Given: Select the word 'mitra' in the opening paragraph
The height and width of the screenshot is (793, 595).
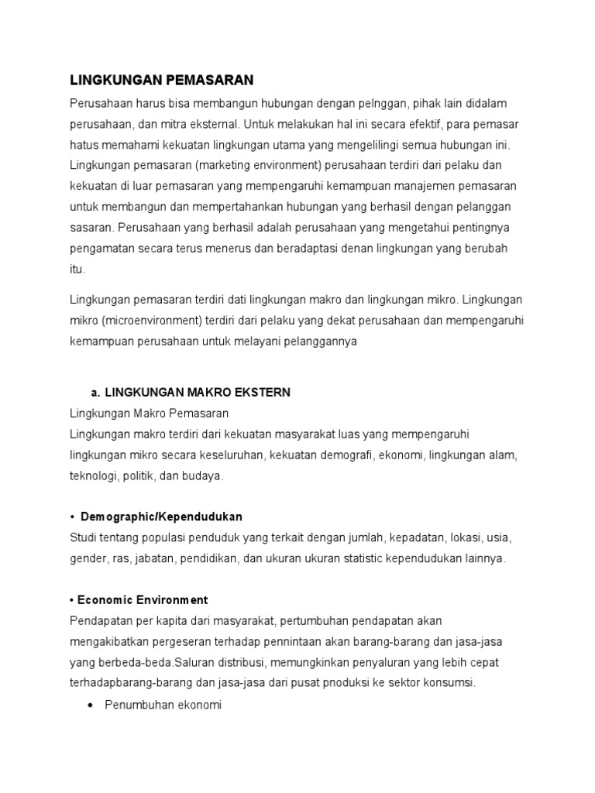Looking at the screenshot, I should [x=175, y=124].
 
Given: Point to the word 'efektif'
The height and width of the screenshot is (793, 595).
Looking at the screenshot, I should [x=410, y=124].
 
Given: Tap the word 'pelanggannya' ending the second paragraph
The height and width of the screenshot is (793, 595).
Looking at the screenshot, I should [x=318, y=342].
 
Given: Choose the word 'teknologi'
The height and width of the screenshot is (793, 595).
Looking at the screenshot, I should [x=94, y=476].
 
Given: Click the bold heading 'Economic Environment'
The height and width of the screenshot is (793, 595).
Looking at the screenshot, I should [x=142, y=600].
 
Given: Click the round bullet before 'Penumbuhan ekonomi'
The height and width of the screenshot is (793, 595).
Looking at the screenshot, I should [x=92, y=706].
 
